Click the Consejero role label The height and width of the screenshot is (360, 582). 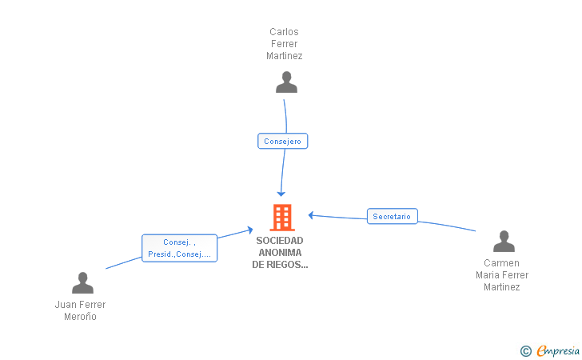tap(282, 141)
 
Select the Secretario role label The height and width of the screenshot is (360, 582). tap(392, 216)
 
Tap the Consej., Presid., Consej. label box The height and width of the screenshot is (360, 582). tap(179, 248)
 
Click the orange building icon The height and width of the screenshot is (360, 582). tap(281, 217)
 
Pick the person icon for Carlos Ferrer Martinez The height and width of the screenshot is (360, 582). tap(286, 82)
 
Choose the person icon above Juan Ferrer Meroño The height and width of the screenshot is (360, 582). tap(82, 283)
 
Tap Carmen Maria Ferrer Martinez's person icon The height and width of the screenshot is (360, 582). tap(504, 242)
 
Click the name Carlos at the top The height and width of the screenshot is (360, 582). tap(284, 32)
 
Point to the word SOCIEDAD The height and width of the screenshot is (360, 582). tap(280, 240)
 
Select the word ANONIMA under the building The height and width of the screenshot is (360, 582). tap(280, 253)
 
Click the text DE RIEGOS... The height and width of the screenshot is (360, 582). tap(280, 265)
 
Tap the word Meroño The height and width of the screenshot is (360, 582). tap(80, 317)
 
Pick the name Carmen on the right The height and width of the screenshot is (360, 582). tap(501, 263)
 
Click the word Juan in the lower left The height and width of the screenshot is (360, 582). tap(64, 305)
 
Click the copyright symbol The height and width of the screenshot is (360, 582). tap(525, 350)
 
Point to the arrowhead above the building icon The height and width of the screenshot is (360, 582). tap(281, 193)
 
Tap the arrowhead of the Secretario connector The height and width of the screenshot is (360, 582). tap(311, 214)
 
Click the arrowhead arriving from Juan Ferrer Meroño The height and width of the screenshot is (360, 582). tap(249, 230)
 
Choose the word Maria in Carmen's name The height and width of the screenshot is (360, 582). tap(489, 275)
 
